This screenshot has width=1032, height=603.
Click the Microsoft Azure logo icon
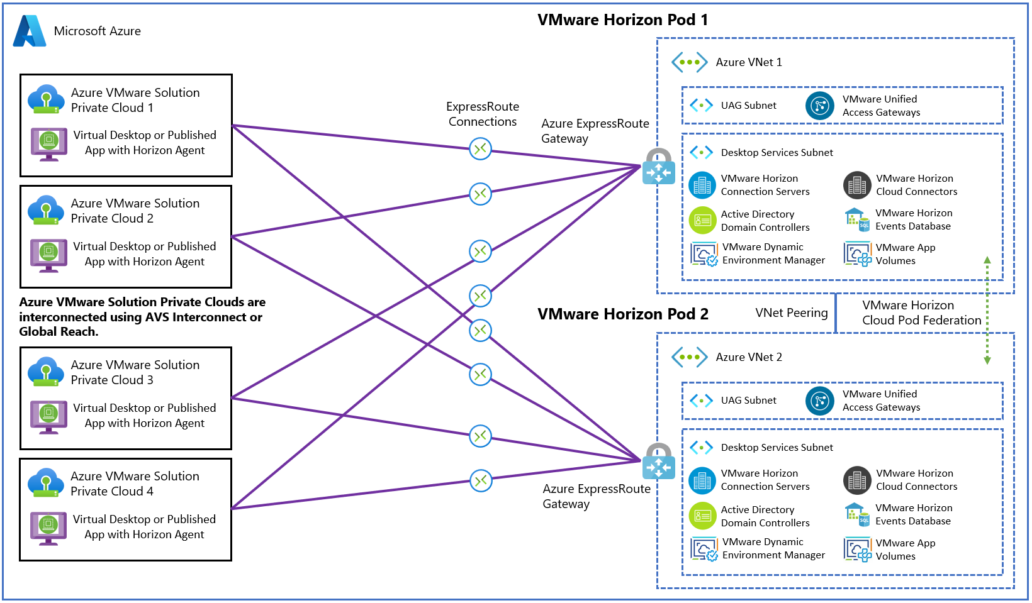click(30, 31)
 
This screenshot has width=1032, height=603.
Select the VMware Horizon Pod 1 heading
click(622, 20)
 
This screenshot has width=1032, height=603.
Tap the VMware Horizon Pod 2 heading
click(622, 314)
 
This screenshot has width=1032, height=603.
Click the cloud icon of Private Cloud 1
click(46, 99)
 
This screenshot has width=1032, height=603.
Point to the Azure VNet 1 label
click(749, 62)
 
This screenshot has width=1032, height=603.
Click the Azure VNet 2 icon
click(689, 357)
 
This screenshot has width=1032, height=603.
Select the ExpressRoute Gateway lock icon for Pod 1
click(658, 167)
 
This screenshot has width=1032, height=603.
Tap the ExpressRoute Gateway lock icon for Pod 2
click(658, 462)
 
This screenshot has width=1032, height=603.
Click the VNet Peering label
click(791, 313)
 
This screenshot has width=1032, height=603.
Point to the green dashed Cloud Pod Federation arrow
click(987, 311)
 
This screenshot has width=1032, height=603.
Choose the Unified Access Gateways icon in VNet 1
click(819, 106)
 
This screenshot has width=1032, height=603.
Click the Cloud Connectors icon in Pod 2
click(856, 480)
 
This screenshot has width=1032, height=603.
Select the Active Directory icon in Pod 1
click(702, 221)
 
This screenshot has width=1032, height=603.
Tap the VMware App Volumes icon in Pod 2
click(857, 550)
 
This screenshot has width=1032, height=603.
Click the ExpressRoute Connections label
click(483, 114)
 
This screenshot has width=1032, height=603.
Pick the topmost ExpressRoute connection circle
click(481, 149)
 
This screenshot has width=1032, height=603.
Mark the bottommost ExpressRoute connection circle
click(481, 481)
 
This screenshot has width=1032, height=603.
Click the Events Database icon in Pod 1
click(856, 220)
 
